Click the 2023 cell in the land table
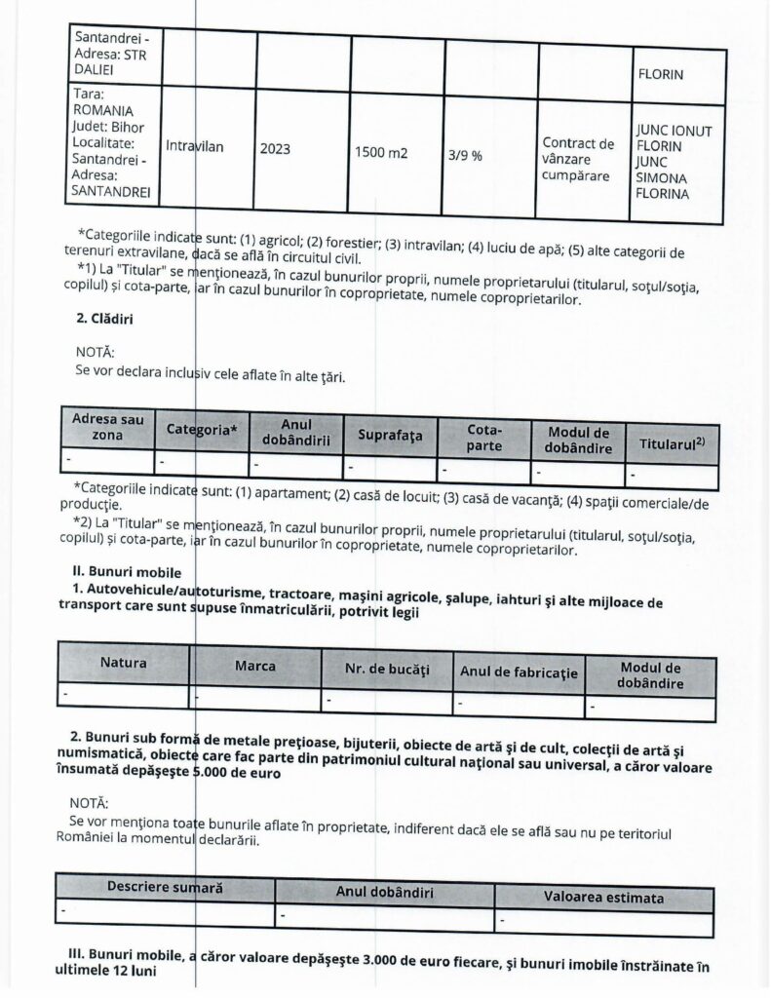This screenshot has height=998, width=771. click(275, 150)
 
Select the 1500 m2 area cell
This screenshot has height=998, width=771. click(381, 153)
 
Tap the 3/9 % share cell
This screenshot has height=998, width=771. click(465, 155)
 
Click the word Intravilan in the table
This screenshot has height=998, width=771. click(195, 146)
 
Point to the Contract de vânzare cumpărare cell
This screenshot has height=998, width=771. click(578, 159)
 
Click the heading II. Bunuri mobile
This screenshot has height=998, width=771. click(127, 570)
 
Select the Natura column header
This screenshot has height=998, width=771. click(124, 663)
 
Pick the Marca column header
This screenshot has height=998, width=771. click(255, 667)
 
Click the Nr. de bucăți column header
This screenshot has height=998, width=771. click(387, 671)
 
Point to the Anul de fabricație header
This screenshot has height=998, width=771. click(519, 672)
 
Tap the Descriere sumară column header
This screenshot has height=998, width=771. click(165, 888)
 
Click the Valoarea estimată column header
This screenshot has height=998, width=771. click(604, 897)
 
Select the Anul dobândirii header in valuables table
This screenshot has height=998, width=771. click(385, 893)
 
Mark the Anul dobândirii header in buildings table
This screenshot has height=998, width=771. click(296, 432)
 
